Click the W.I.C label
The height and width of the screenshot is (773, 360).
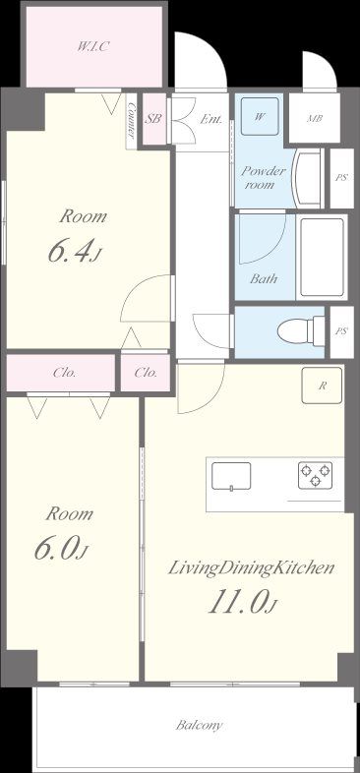click(x=93, y=47)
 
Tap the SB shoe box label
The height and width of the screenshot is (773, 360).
click(x=153, y=119)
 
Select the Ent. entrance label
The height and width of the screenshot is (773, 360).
click(x=211, y=119)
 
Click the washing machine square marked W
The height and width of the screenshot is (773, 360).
click(x=260, y=116)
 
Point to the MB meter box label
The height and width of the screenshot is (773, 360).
click(x=314, y=119)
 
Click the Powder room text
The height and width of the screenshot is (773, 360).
click(x=263, y=178)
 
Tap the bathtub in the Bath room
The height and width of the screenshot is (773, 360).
click(x=322, y=257)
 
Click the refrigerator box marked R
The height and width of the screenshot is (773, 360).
click(x=322, y=386)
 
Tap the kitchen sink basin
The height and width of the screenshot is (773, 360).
click(x=231, y=476)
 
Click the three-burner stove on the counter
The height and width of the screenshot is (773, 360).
click(x=315, y=475)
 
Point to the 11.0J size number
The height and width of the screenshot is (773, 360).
click(x=241, y=603)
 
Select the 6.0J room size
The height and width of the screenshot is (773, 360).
click(x=62, y=549)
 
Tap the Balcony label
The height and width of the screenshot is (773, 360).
click(x=200, y=725)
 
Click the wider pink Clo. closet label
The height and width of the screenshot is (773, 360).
click(x=65, y=373)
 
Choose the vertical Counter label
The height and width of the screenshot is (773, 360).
click(x=131, y=121)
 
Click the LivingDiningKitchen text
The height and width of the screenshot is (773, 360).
click(x=252, y=568)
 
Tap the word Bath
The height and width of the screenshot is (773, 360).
click(x=264, y=279)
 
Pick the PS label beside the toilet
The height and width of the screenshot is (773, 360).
click(x=341, y=331)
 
